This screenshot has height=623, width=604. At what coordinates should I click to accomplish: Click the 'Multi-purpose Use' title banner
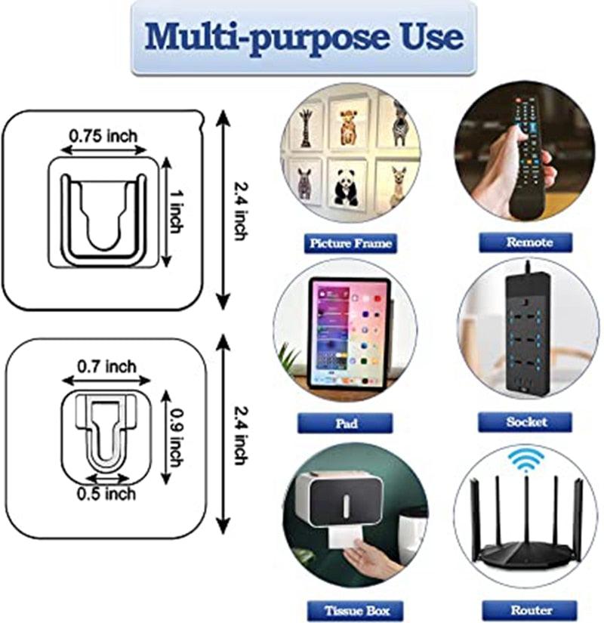point(304,37)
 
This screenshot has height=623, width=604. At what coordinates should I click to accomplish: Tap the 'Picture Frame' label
point(350,243)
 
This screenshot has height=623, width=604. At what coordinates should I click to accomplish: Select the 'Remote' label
point(526,242)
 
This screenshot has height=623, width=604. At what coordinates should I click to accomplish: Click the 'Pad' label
point(345,423)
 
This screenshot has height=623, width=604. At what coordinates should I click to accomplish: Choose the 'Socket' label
point(526,422)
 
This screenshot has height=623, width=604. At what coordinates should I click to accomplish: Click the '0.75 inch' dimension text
point(103,136)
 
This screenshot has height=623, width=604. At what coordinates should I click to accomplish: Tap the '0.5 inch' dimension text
point(106,493)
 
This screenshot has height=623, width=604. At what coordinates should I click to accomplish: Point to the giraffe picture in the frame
point(306,127)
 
